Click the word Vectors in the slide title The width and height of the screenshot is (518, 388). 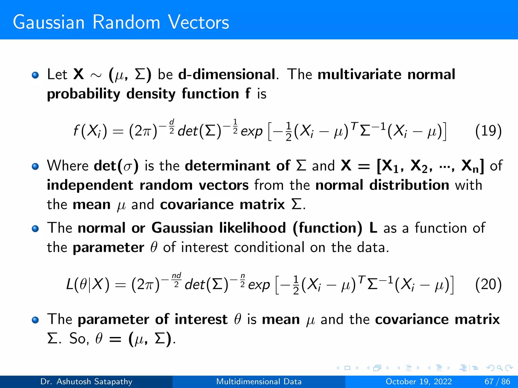pyautogui.click(x=199, y=22)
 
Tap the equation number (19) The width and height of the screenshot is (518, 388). pyautogui.click(x=488, y=131)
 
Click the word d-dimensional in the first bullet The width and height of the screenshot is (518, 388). pyautogui.click(x=227, y=75)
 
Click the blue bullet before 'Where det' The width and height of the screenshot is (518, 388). pyautogui.click(x=35, y=166)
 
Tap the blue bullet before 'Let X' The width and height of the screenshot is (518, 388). pyautogui.click(x=35, y=75)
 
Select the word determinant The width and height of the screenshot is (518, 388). pyautogui.click(x=228, y=166)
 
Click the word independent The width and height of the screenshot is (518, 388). pyautogui.click(x=90, y=185)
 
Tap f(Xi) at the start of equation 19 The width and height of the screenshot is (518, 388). pyautogui.click(x=90, y=131)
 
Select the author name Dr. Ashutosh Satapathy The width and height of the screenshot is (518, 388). pyautogui.click(x=86, y=381)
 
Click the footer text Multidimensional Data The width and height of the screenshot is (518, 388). pyautogui.click(x=259, y=381)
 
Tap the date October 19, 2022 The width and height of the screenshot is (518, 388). pyautogui.click(x=419, y=381)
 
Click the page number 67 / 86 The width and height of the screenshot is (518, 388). pyautogui.click(x=497, y=381)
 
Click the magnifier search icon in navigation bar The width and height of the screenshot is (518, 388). pyautogui.click(x=500, y=368)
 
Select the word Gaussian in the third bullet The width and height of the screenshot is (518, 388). pyautogui.click(x=182, y=228)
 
